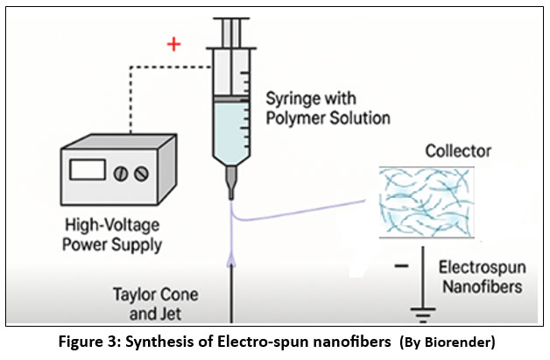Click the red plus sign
coord(174,44)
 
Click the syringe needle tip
coord(231,195)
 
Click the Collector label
coord(458,152)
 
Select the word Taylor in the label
coord(132,292)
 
